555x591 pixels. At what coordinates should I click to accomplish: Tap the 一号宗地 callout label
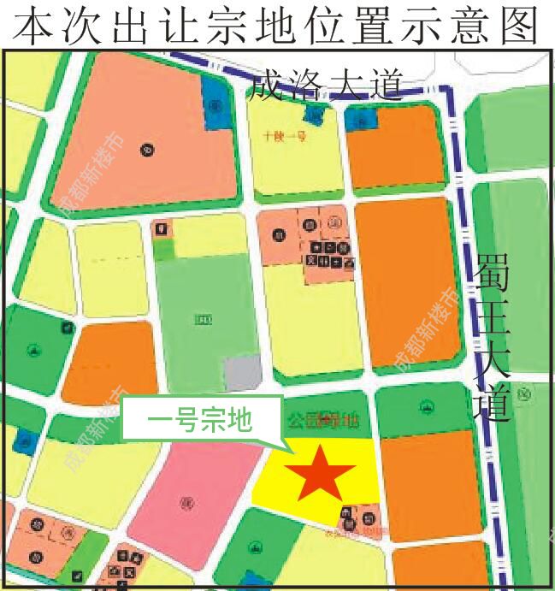(200, 420)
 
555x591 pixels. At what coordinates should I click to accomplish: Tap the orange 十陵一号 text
(285, 135)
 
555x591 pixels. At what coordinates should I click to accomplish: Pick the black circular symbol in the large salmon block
(147, 151)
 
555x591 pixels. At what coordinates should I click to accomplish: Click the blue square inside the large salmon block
(215, 107)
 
